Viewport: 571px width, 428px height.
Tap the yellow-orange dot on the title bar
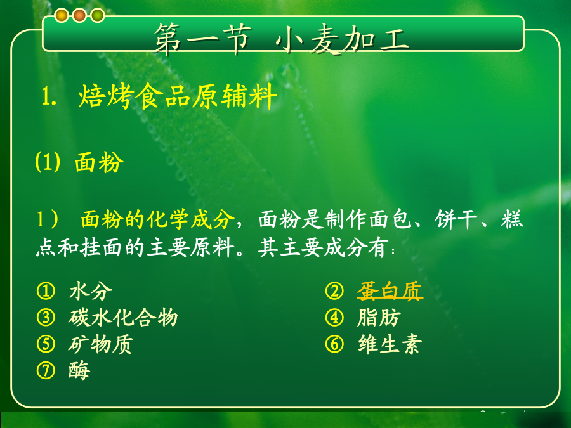pyautogui.click(x=62, y=15)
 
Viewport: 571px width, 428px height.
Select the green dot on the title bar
pyautogui.click(x=98, y=15)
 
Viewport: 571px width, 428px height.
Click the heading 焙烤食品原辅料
pyautogui.click(x=178, y=96)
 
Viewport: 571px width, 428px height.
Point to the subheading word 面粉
pyautogui.click(x=99, y=162)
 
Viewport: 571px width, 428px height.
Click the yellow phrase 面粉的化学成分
pyautogui.click(x=157, y=219)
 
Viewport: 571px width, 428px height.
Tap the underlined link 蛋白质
pyautogui.click(x=390, y=291)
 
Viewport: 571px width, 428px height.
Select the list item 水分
pyautogui.click(x=91, y=291)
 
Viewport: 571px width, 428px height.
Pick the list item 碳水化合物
pyautogui.click(x=123, y=318)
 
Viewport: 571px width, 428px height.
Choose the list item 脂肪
pyautogui.click(x=379, y=318)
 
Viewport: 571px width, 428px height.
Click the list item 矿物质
pyautogui.click(x=101, y=344)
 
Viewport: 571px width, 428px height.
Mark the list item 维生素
pyautogui.click(x=390, y=344)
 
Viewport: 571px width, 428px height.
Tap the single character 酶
pyautogui.click(x=79, y=370)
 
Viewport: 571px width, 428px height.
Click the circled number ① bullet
pyautogui.click(x=46, y=291)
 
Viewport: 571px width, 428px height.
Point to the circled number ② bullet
pyautogui.click(x=334, y=291)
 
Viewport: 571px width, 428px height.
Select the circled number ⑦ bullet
pyautogui.click(x=46, y=370)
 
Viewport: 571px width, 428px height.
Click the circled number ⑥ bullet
pyautogui.click(x=334, y=344)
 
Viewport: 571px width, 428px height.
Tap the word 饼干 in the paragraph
pyautogui.click(x=456, y=219)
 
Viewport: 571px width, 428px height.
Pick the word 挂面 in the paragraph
pyautogui.click(x=101, y=248)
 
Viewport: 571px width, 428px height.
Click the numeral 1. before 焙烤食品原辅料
pyautogui.click(x=48, y=97)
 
